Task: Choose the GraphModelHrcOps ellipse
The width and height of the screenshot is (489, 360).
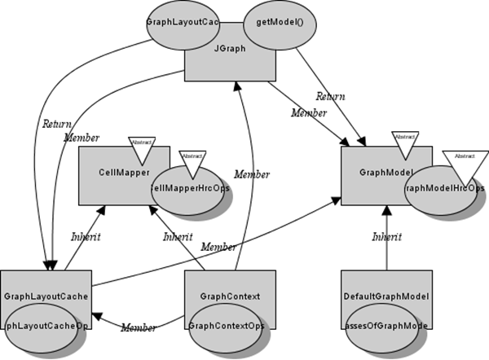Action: point(444,188)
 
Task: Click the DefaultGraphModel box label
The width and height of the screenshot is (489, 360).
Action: point(385,296)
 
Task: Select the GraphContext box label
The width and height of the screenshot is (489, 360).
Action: point(230,296)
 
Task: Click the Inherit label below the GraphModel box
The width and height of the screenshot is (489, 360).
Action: point(385,239)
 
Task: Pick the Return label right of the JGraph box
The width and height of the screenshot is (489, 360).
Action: point(330,96)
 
